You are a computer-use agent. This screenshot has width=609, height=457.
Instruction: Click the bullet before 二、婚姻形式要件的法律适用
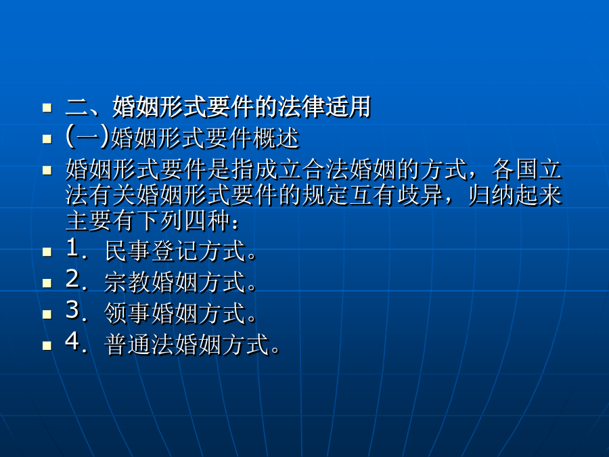(x=47, y=107)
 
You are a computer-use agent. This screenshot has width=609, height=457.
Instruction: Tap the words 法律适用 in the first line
(x=324, y=107)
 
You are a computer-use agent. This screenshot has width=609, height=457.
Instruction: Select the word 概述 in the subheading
(x=276, y=138)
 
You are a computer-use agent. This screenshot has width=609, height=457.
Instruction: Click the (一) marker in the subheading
(x=88, y=137)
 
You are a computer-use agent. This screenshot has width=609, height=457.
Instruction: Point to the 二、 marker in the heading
(x=88, y=107)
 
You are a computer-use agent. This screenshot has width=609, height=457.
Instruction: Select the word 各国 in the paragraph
(x=514, y=169)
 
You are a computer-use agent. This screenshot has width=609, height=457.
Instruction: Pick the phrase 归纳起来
(x=515, y=195)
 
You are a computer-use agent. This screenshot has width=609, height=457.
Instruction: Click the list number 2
(x=73, y=279)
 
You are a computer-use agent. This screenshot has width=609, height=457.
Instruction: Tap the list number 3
(x=73, y=310)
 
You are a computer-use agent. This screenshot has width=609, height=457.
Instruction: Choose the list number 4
(x=73, y=342)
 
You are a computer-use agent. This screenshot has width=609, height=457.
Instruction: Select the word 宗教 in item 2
(x=128, y=282)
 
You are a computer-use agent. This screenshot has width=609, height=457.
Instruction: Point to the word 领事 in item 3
(x=128, y=313)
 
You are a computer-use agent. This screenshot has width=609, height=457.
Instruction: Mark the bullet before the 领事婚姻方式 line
(x=47, y=314)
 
